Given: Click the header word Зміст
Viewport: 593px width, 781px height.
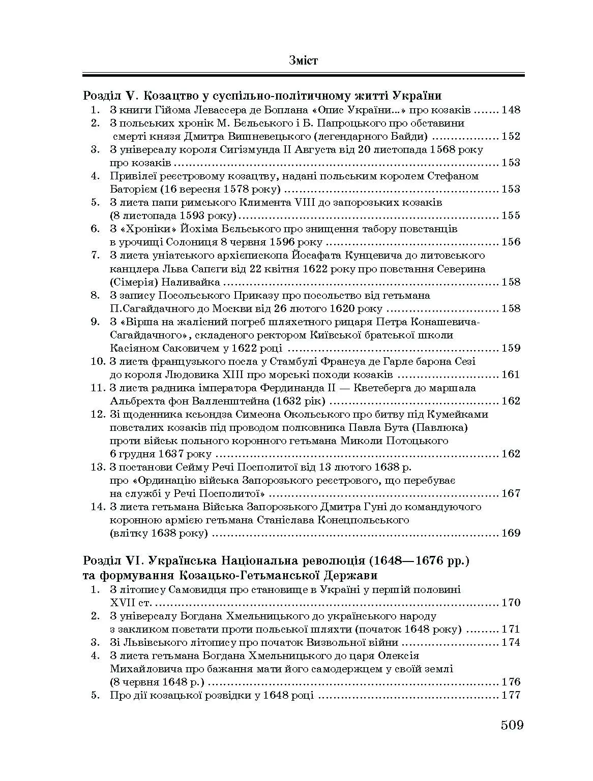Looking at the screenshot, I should click(x=303, y=60).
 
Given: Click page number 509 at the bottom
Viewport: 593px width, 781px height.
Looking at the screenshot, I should click(x=512, y=725).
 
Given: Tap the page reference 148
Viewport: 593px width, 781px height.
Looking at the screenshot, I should click(x=511, y=110).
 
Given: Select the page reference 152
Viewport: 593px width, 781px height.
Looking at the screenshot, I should click(x=511, y=136).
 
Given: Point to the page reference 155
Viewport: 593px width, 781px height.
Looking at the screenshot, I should click(x=511, y=215).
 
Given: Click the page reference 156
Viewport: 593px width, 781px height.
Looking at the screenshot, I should click(x=511, y=242).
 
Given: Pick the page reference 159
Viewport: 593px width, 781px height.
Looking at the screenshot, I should click(x=511, y=348).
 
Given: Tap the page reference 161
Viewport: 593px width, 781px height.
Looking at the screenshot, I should click(x=511, y=374).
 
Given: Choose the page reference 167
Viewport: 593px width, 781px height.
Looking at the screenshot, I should click(x=511, y=493).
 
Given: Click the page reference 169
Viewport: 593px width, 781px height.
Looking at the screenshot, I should click(x=511, y=533).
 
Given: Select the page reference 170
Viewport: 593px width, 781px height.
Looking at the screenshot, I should click(x=511, y=603).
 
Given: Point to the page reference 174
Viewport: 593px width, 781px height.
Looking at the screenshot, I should click(x=511, y=643).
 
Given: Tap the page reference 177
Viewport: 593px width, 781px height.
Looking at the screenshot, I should click(x=511, y=696).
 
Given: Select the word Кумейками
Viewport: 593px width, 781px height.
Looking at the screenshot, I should click(x=460, y=414).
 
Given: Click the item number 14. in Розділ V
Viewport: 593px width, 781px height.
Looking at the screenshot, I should click(x=98, y=507).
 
